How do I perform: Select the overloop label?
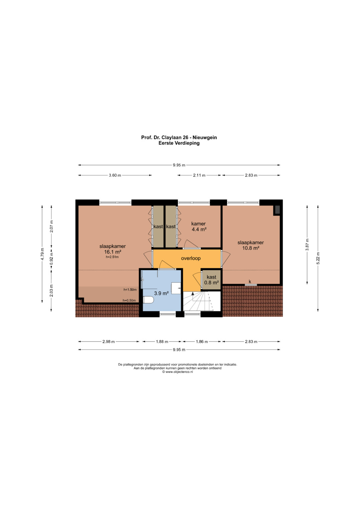pyautogui.click(x=191, y=258)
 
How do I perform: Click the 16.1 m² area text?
pyautogui.click(x=113, y=252)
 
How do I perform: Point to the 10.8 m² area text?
pyautogui.click(x=251, y=248)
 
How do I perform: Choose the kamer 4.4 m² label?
pyautogui.click(x=199, y=227)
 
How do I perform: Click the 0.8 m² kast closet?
pyautogui.click(x=211, y=280)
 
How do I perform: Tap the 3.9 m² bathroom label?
pyautogui.click(x=161, y=293)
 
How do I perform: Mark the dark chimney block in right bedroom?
pyautogui.click(x=277, y=210)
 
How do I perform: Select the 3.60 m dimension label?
pyautogui.click(x=115, y=175)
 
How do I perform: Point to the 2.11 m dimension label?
pyautogui.click(x=199, y=175)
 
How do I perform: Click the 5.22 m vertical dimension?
pyautogui.click(x=318, y=258)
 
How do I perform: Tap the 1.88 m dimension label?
pyautogui.click(x=162, y=342)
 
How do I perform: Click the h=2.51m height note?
pyautogui.click(x=112, y=257)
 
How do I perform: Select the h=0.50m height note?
pyautogui.click(x=129, y=300)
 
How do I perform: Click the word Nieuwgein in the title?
pyautogui.click(x=205, y=137)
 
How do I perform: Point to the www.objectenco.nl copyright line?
pyautogui.click(x=177, y=372)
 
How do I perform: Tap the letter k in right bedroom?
pyautogui.click(x=250, y=282)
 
